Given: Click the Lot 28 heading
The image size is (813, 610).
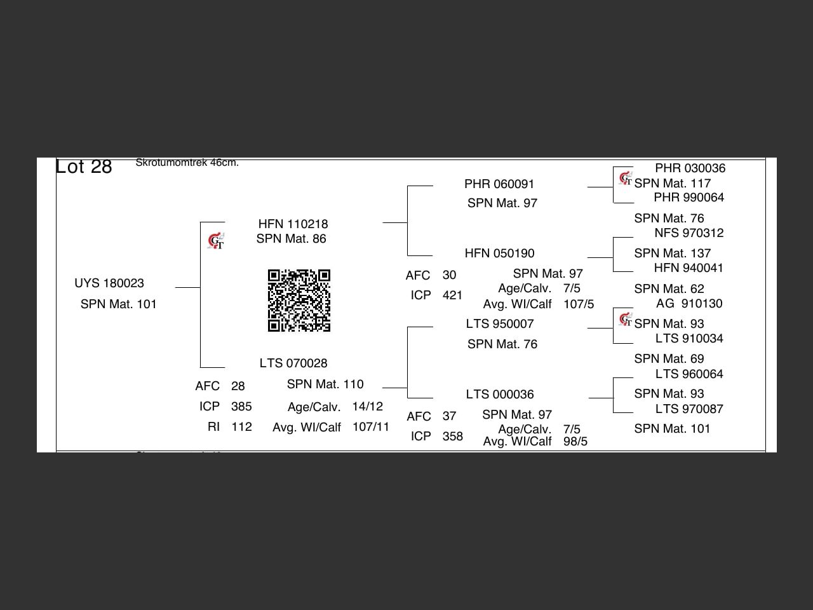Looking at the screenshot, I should coord(84,166).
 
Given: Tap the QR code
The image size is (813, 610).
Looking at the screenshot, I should coord(299,301).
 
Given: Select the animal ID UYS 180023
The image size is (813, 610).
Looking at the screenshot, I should coord(109,283).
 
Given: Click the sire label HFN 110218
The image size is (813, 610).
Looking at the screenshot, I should coord(293,224).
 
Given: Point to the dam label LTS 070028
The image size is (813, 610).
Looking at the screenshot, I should coord(293,363).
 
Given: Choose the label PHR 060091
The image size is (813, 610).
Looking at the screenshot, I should coord(499,184).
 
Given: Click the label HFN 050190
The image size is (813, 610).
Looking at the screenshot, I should coord(499,254).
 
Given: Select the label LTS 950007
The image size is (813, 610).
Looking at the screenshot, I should coord(499,324).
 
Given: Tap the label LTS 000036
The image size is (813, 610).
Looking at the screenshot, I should coord(499,395).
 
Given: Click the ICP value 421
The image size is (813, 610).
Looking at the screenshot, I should coord(452,295).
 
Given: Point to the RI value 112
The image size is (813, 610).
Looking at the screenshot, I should coord(241,427).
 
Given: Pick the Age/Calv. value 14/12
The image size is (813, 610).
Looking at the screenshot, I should coord(367,407).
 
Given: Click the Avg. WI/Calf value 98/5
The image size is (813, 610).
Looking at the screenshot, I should coord(575,442).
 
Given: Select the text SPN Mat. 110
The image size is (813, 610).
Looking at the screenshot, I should coord(325,384).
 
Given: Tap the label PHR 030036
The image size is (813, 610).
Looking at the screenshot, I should coord(690,168).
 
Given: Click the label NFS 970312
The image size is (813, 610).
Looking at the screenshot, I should coord(689,233).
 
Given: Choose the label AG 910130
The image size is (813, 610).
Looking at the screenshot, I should coord(689,304).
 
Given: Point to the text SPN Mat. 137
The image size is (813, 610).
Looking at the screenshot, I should coord(672,254).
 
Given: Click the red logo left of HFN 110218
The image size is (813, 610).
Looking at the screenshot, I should coord(216,241).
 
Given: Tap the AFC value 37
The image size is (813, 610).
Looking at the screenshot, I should coord(449,416).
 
